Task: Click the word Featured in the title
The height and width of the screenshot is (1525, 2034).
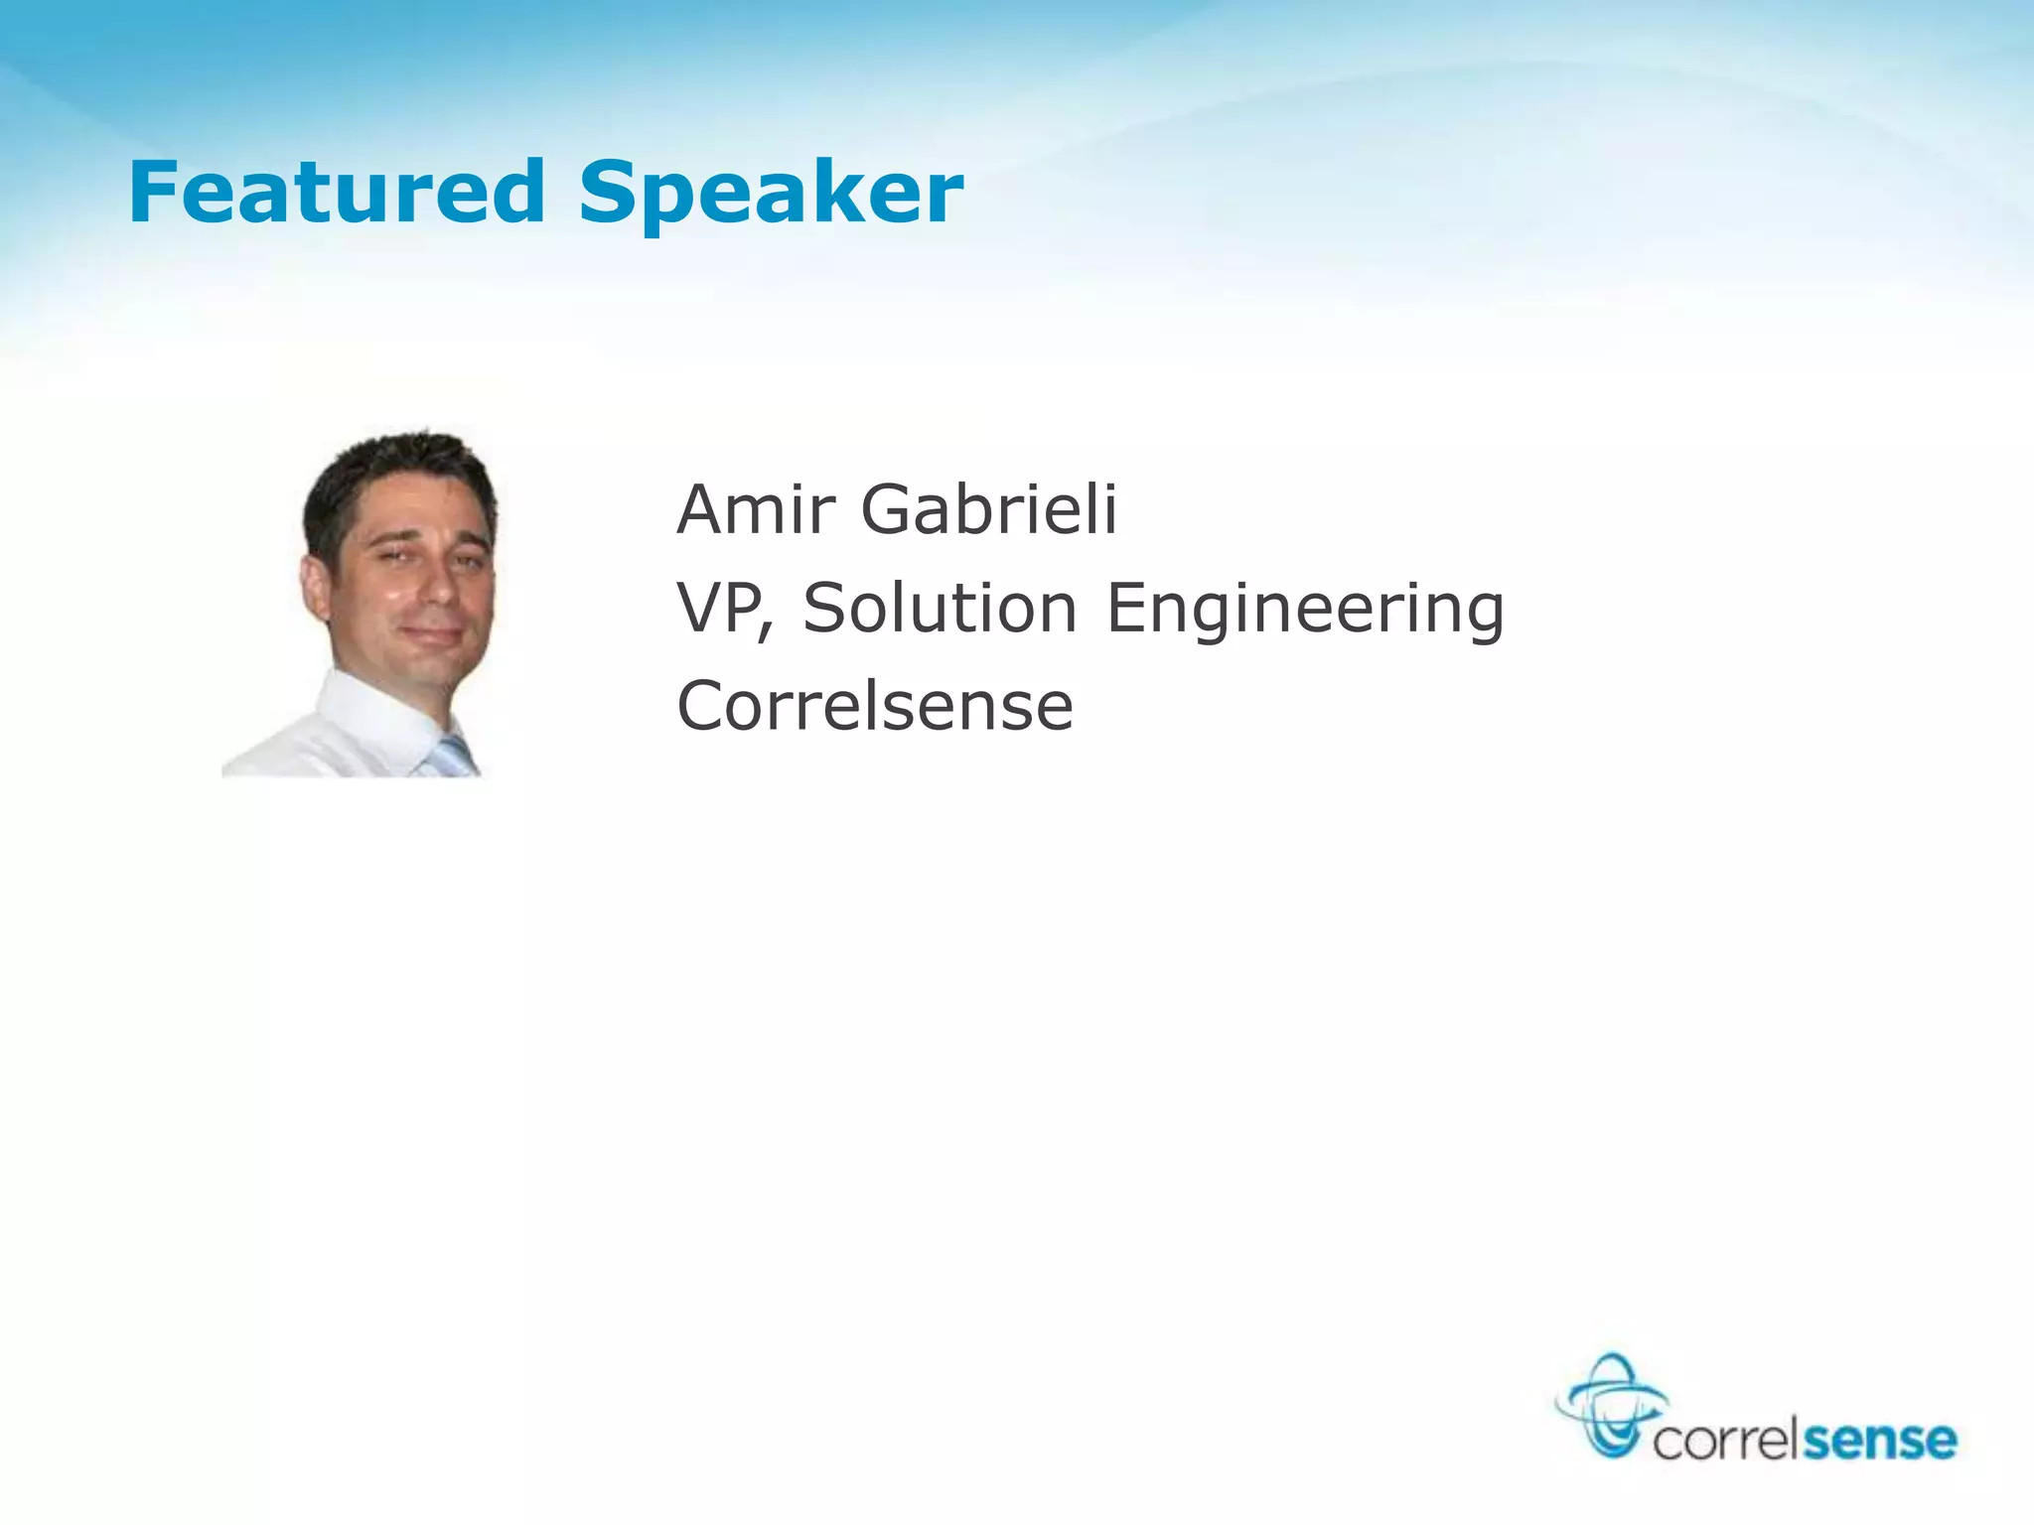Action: (337, 192)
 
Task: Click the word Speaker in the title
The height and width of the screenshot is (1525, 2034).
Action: (771, 196)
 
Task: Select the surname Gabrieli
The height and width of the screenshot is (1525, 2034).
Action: (989, 509)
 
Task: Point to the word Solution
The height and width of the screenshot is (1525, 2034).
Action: (940, 608)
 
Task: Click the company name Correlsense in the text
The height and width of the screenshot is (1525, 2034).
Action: (875, 706)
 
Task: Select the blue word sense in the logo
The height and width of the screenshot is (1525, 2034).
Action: (1879, 1440)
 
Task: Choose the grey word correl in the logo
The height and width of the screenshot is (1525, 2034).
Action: (1726, 1440)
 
